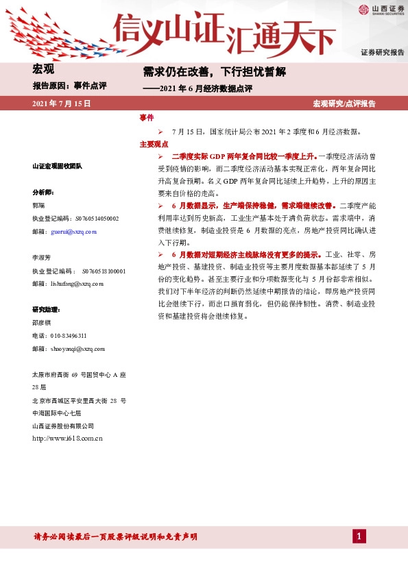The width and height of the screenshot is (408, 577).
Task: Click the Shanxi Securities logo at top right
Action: click(x=379, y=10)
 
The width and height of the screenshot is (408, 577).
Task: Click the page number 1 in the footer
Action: click(x=359, y=535)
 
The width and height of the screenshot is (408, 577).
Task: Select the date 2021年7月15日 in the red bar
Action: click(x=62, y=103)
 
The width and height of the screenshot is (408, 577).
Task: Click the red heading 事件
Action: click(x=146, y=118)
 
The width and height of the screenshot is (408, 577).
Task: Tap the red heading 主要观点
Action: click(x=154, y=145)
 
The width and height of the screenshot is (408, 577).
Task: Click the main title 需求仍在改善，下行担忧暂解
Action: click(x=214, y=71)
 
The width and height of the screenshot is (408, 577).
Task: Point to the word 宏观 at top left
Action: click(x=43, y=69)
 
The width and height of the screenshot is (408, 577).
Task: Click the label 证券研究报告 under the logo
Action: click(x=382, y=53)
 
